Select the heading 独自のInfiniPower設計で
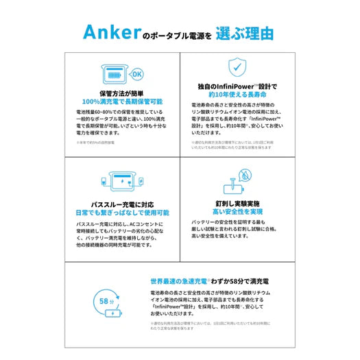point(236,87)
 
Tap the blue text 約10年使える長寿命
point(236,96)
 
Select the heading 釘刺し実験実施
point(237,204)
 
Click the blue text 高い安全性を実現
point(237,213)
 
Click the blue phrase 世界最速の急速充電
point(180,282)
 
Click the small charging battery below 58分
point(109,317)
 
